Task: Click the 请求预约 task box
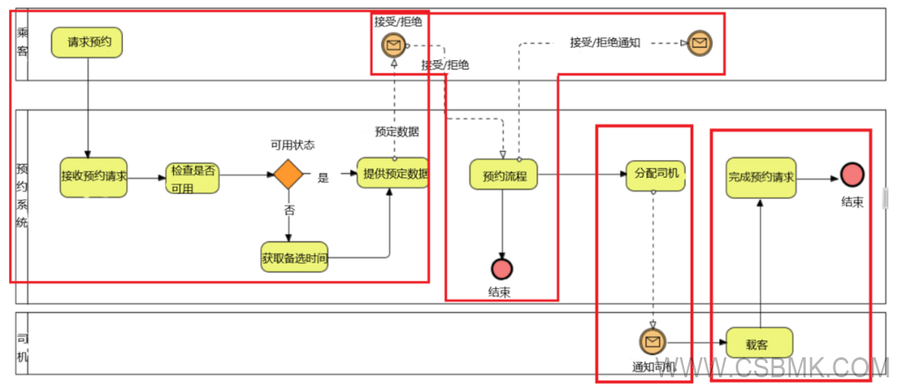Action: pyautogui.click(x=87, y=42)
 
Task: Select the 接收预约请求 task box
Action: pyautogui.click(x=94, y=176)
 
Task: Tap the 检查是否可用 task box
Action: pyautogui.click(x=194, y=176)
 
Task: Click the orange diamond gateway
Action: pyautogui.click(x=287, y=175)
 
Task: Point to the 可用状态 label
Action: pyautogui.click(x=292, y=144)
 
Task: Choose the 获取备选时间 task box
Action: pyautogui.click(x=294, y=258)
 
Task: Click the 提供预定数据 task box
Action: pyautogui.click(x=393, y=174)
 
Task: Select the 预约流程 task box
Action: pyautogui.click(x=504, y=176)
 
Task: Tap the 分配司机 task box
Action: pyautogui.click(x=656, y=175)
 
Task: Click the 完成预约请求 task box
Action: pyautogui.click(x=761, y=177)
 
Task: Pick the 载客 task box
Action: pyautogui.click(x=758, y=342)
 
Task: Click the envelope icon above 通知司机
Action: pyautogui.click(x=652, y=341)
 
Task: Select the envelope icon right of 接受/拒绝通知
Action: pyautogui.click(x=700, y=43)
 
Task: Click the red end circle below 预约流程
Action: pyautogui.click(x=502, y=269)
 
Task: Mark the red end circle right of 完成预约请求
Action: pyautogui.click(x=852, y=175)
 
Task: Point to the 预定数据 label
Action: pyautogui.click(x=397, y=131)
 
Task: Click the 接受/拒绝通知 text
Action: pyautogui.click(x=605, y=42)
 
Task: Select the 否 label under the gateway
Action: pyautogui.click(x=289, y=210)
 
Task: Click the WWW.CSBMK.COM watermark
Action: pyautogui.click(x=785, y=368)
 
